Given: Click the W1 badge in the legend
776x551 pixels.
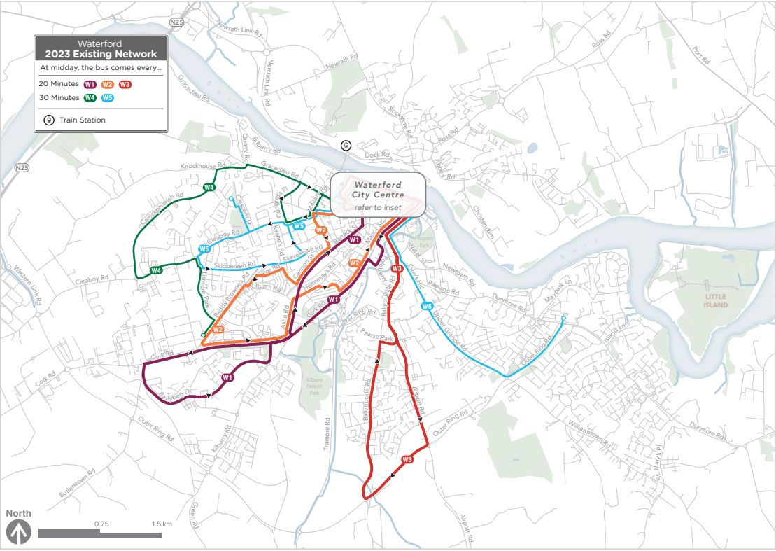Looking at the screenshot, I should click(90, 84).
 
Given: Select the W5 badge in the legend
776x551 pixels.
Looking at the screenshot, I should click(106, 98).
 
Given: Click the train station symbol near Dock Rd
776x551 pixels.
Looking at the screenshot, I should click(345, 145).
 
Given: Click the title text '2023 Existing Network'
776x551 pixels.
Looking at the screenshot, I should click(101, 54).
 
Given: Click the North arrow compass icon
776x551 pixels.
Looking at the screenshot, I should click(19, 533).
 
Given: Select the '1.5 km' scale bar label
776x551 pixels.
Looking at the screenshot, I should click(162, 524).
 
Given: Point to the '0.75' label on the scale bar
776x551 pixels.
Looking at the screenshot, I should click(101, 524).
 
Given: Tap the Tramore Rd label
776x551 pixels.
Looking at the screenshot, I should click(327, 433).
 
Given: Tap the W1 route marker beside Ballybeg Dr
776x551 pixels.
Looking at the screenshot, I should click(227, 378).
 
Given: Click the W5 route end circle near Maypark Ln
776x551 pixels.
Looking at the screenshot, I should click(563, 320).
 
